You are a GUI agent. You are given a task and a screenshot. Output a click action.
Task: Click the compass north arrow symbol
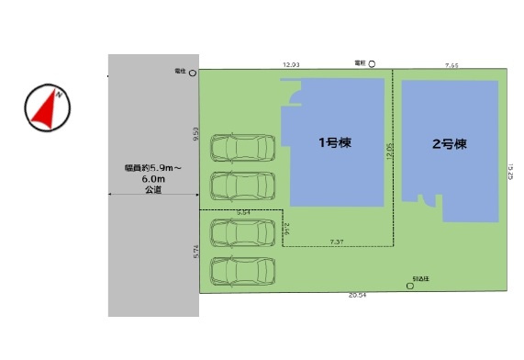tap(47, 107)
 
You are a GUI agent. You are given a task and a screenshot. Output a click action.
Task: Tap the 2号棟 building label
tap(450, 144)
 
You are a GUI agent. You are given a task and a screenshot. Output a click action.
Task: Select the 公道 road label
tap(153, 190)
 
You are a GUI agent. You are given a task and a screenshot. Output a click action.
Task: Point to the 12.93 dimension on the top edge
tap(292, 65)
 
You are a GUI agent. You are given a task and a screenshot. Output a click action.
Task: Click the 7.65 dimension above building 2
tap(452, 65)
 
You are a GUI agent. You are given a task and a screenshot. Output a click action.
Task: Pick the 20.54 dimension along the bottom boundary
tap(358, 297)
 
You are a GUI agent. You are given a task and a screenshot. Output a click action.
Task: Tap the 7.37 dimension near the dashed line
tap(338, 242)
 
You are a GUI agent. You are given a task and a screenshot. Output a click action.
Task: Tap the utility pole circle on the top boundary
tap(372, 64)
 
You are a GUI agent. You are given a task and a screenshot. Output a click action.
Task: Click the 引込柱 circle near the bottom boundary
tap(410, 286)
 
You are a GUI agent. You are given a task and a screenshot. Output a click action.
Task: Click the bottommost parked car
tap(242, 272)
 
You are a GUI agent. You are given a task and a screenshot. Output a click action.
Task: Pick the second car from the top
tap(242, 186)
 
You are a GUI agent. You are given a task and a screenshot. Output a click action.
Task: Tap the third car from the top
tap(242, 232)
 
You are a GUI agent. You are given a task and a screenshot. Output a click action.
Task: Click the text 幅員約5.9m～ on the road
tap(152, 168)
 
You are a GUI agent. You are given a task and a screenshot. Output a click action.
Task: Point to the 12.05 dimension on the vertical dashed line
tap(389, 152)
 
